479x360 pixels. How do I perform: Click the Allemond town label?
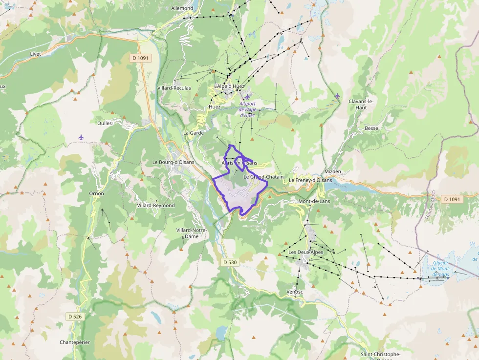coord(182,8)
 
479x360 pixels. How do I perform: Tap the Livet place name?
coord(35,54)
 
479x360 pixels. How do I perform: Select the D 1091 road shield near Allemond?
coord(141,58)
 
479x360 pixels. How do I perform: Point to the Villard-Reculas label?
coord(174,88)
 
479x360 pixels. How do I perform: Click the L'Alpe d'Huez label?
coord(229,86)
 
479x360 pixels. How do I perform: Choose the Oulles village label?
coord(105,123)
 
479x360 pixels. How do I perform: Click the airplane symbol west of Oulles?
coord(81,137)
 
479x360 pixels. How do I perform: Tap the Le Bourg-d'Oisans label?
coord(173,162)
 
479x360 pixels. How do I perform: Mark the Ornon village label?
coord(96,193)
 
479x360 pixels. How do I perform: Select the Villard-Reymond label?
coord(155,206)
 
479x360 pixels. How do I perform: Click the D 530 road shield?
coord(230,262)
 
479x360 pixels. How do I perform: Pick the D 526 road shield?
coord(75,317)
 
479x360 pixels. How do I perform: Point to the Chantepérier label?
coord(75,342)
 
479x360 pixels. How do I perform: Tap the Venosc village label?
coord(295,292)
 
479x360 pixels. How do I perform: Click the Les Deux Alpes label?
coord(306,252)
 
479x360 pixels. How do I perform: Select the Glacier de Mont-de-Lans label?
coord(441,269)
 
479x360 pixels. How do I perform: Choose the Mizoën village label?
coord(332,172)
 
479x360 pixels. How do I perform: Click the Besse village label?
coord(371,128)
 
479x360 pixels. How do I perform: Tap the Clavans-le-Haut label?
coord(361,104)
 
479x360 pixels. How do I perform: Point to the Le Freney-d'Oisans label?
coord(310,180)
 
